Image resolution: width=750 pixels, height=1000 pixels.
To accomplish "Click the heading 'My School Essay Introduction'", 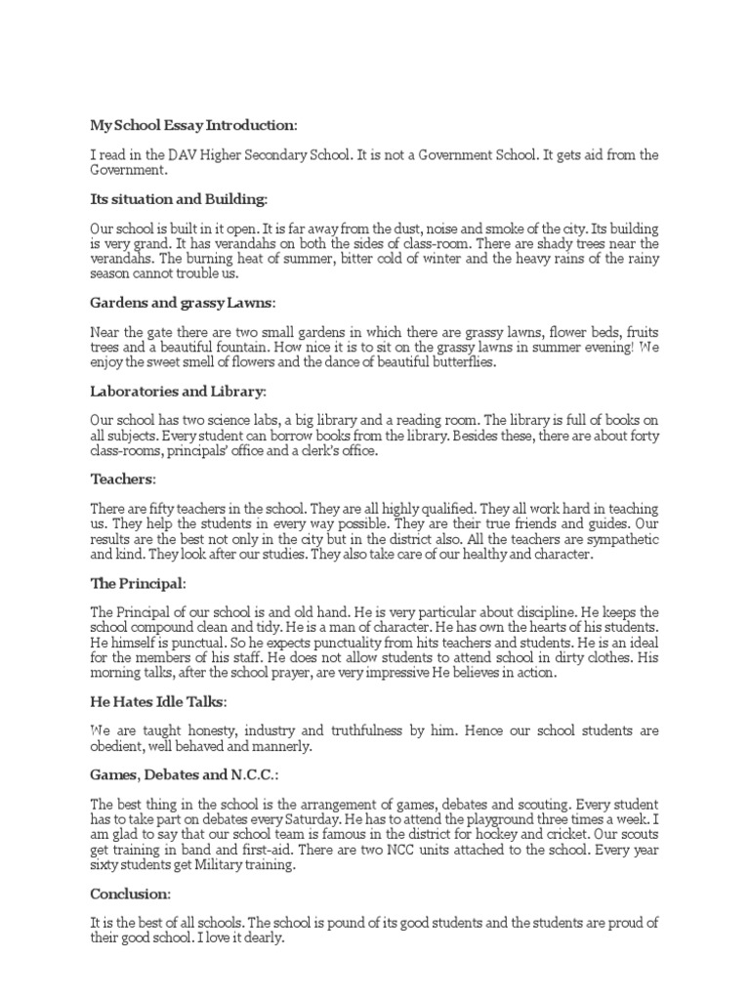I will pos(191,125).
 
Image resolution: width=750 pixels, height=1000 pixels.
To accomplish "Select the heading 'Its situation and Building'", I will pos(177,199).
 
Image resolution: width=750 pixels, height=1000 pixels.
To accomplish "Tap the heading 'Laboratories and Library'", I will pos(177,391).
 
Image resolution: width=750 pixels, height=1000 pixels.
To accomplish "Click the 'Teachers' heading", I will pos(122,479).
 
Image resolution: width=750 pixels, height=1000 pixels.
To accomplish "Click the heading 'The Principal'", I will pos(136,583).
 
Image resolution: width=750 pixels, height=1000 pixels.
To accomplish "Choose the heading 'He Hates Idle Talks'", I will pos(157,701).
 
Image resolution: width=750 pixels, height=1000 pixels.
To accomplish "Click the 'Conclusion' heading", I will pos(130,894).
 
